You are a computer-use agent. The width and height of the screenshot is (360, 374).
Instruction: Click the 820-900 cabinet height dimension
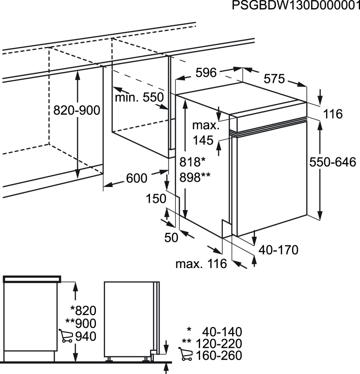pyautogui.click(x=77, y=110)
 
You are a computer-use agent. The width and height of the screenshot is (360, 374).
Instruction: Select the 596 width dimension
pyautogui.click(x=206, y=73)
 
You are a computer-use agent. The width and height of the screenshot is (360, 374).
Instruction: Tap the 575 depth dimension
pyautogui.click(x=274, y=79)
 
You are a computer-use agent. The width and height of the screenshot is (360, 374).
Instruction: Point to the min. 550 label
pyautogui.click(x=139, y=98)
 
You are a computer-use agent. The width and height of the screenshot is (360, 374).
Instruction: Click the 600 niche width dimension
pyautogui.click(x=137, y=178)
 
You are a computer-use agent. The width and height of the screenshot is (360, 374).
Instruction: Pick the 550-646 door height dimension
pyautogui.click(x=333, y=162)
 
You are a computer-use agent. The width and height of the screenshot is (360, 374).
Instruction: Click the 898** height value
pyautogui.click(x=195, y=178)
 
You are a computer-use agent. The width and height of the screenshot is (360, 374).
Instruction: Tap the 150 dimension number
pyautogui.click(x=156, y=199)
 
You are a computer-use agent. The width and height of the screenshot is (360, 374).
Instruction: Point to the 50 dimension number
pyautogui.click(x=171, y=237)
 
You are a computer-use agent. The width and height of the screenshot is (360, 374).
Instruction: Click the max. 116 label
pyautogui.click(x=201, y=264)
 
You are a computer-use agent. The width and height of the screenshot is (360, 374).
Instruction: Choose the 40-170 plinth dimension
pyautogui.click(x=279, y=250)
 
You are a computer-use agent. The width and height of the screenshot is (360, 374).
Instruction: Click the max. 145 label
pyautogui.click(x=205, y=133)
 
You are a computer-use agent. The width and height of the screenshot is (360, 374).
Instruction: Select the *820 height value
pyautogui.click(x=83, y=310)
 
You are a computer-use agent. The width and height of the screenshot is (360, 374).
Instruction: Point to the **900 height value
pyautogui.click(x=81, y=324)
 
